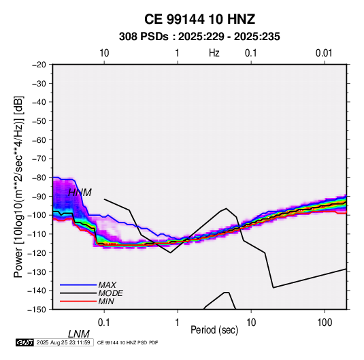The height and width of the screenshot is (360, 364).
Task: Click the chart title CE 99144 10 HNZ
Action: tap(199, 19)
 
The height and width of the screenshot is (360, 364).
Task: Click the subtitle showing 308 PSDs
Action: tap(199, 37)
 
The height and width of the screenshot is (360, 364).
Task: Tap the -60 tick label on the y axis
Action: tap(39, 140)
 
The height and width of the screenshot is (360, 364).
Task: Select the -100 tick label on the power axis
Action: tap(37, 215)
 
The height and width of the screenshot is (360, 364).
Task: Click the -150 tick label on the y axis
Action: tap(37, 310)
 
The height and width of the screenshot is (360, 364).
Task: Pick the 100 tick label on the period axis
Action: tap(325, 323)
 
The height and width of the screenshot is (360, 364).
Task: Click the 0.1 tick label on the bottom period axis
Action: tap(104, 323)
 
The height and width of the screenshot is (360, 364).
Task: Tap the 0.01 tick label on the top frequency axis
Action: tap(324, 53)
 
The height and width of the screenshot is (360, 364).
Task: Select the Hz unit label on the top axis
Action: tap(214, 53)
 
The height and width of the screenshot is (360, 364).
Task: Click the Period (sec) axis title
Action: tap(214, 330)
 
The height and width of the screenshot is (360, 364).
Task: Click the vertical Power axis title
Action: tap(18, 186)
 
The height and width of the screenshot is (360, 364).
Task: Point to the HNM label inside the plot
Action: tap(80, 193)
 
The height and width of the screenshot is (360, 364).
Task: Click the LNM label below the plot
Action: tap(79, 334)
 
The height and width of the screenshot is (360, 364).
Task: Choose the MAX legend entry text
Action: tap(107, 285)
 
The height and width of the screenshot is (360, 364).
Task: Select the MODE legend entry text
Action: tap(110, 293)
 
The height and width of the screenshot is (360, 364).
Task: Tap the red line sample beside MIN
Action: tap(78, 301)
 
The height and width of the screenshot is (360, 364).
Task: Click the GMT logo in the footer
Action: tap(24, 342)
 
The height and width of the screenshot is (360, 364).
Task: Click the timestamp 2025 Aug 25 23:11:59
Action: tap(63, 342)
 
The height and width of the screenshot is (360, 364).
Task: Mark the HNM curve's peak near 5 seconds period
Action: tap(226, 208)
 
